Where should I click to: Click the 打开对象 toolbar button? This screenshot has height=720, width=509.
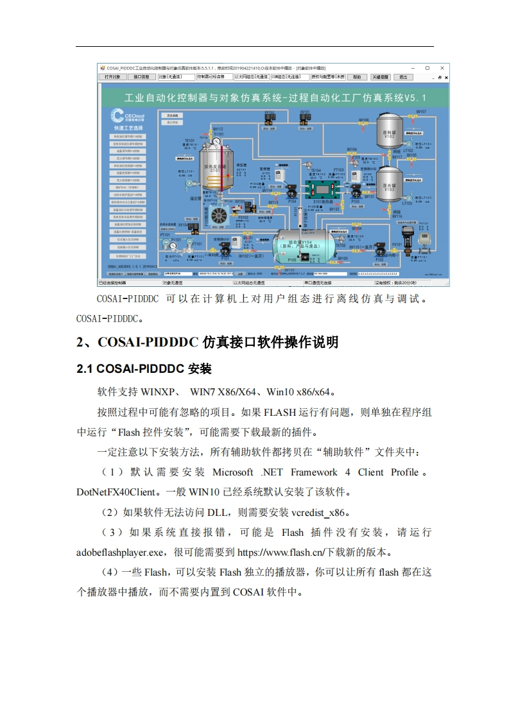[112, 77]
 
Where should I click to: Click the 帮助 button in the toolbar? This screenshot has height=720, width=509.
[357, 77]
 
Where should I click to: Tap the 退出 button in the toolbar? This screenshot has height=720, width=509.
[402, 77]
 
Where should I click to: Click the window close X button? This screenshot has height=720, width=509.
[442, 67]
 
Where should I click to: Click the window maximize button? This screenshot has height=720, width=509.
[427, 67]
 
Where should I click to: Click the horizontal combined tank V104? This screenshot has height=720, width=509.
[303, 244]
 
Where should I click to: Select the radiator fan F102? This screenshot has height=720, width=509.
[216, 216]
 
